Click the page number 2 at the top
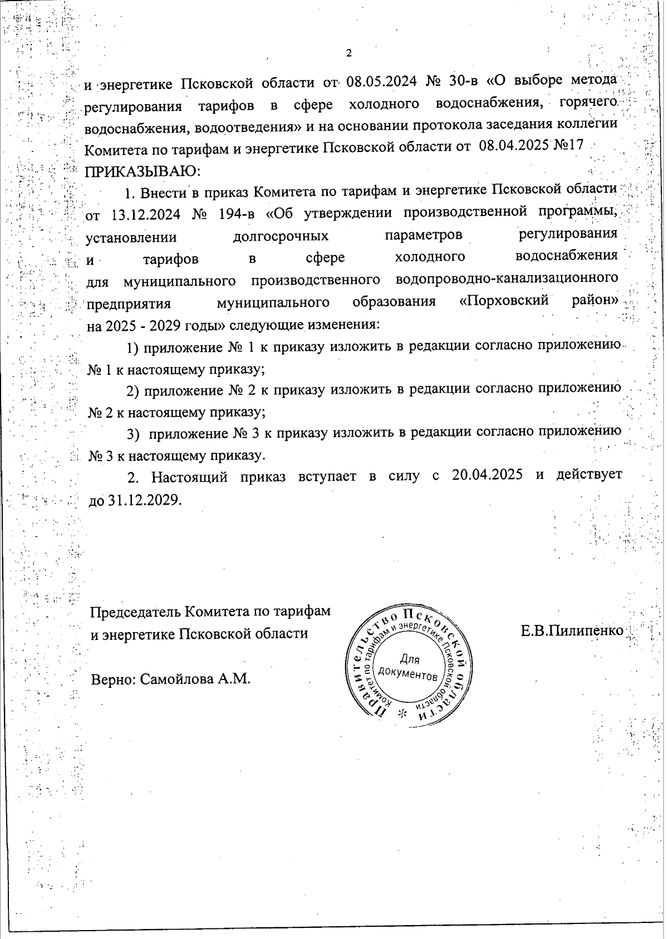point(349,53)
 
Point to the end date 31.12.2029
point(144,500)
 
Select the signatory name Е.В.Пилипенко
point(572,631)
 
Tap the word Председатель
point(136,612)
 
